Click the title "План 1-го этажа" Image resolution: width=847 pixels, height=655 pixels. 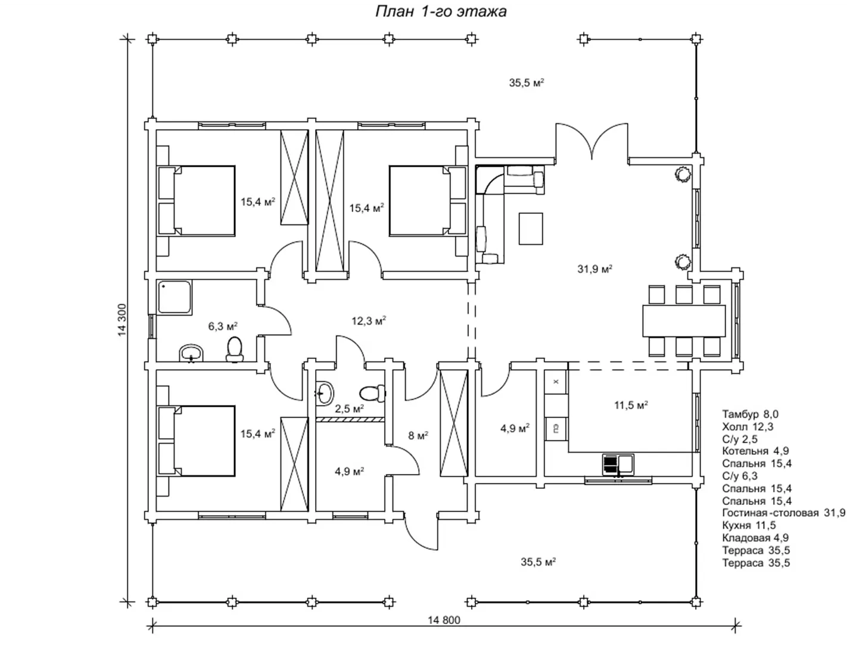click(440, 12)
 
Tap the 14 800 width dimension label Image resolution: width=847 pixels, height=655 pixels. click(444, 620)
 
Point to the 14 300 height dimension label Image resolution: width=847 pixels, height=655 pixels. click(122, 320)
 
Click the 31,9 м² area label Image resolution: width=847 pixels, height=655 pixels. click(594, 269)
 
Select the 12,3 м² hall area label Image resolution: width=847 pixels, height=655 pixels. click(369, 321)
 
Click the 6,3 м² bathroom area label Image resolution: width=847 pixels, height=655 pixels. click(223, 326)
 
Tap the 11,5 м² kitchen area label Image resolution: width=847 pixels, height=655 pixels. click(631, 406)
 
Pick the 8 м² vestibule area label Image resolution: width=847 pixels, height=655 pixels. click(418, 436)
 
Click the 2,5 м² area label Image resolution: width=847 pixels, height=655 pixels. click(349, 408)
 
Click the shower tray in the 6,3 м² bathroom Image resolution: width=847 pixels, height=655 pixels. click(175, 297)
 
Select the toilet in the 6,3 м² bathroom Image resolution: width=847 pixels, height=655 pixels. click(234, 350)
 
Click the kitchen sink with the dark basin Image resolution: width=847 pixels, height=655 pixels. click(618, 465)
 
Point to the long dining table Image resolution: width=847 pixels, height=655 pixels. click(684, 321)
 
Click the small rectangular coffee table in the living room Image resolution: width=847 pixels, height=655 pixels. click(531, 229)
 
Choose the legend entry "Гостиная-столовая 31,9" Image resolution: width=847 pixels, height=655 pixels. click(783, 513)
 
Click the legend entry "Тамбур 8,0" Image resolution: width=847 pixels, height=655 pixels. click(751, 414)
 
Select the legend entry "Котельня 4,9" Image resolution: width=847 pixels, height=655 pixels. click(755, 451)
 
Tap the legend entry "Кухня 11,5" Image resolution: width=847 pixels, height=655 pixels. click(749, 525)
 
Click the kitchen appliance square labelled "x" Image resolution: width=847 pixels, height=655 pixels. click(556, 382)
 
